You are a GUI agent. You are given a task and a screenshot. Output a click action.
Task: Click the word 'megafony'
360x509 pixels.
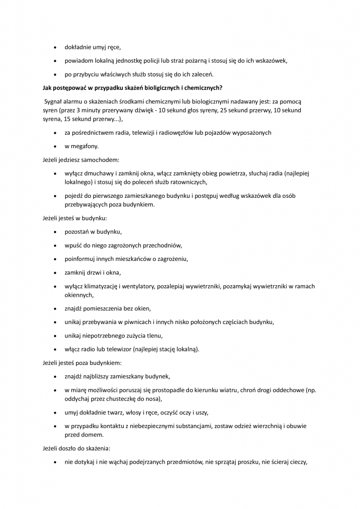tap(85, 146)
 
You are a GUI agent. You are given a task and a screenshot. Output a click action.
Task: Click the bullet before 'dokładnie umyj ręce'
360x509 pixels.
tap(54, 48)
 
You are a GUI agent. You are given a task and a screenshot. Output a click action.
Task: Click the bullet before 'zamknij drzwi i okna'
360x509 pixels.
tap(54, 273)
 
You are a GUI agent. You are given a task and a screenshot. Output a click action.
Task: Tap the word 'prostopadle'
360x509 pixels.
tap(164, 390)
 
